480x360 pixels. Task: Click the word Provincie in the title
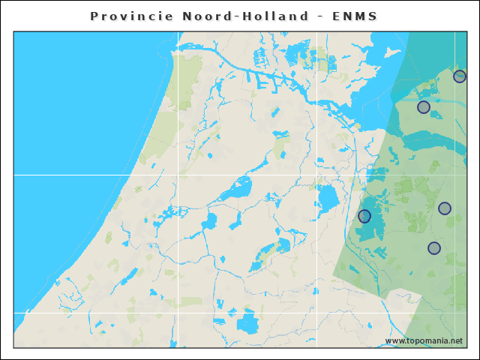131,16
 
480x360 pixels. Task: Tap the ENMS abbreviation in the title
356,16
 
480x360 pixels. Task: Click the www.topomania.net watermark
424,340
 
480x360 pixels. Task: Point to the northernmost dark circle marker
460,76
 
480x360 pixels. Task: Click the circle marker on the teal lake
364,216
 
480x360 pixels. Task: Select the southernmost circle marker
434,248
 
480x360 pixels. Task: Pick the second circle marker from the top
424,107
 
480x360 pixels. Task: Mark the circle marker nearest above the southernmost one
445,208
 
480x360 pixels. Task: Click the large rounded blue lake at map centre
328,199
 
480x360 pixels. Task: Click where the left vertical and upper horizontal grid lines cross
178,175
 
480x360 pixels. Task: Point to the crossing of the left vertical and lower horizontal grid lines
178,313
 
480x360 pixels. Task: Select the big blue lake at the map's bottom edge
247,323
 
